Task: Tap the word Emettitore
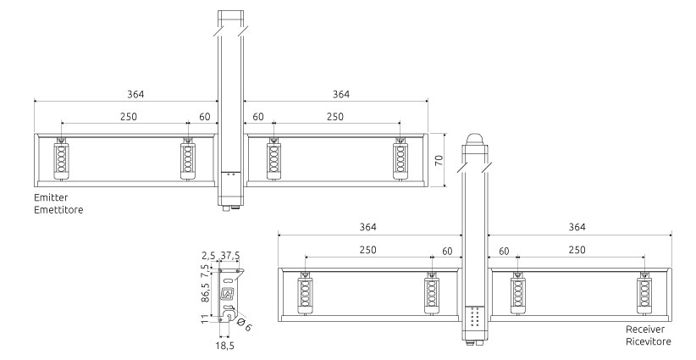pos(58,208)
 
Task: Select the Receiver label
pos(646,330)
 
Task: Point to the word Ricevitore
pos(649,341)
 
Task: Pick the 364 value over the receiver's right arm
pos(576,227)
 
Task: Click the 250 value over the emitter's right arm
pos(335,116)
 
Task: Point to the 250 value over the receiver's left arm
pos(367,250)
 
